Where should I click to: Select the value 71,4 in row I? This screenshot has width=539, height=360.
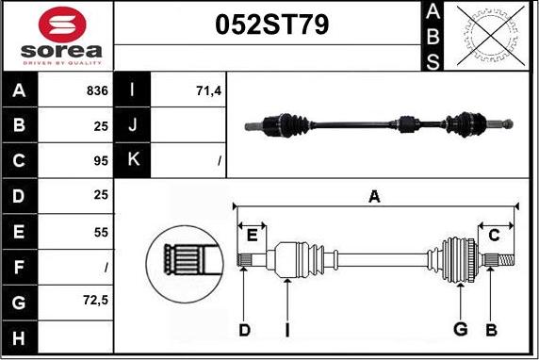(x=206, y=91)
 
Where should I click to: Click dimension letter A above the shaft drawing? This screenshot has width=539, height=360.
(x=374, y=196)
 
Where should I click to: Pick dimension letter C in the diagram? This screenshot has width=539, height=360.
(x=492, y=234)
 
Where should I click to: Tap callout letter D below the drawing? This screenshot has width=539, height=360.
(x=244, y=330)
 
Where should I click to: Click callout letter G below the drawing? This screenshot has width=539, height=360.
(x=461, y=330)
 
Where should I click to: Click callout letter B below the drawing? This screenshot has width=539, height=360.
(x=490, y=330)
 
